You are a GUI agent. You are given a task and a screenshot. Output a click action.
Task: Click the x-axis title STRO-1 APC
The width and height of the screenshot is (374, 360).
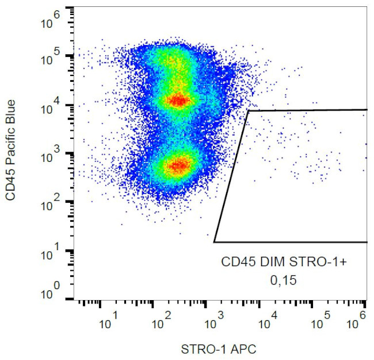pyautogui.click(x=219, y=348)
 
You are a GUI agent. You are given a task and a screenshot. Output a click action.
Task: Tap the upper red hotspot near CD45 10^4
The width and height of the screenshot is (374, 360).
pyautogui.click(x=179, y=101)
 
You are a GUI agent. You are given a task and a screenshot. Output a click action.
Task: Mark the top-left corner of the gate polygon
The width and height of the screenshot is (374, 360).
pyautogui.click(x=249, y=111)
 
